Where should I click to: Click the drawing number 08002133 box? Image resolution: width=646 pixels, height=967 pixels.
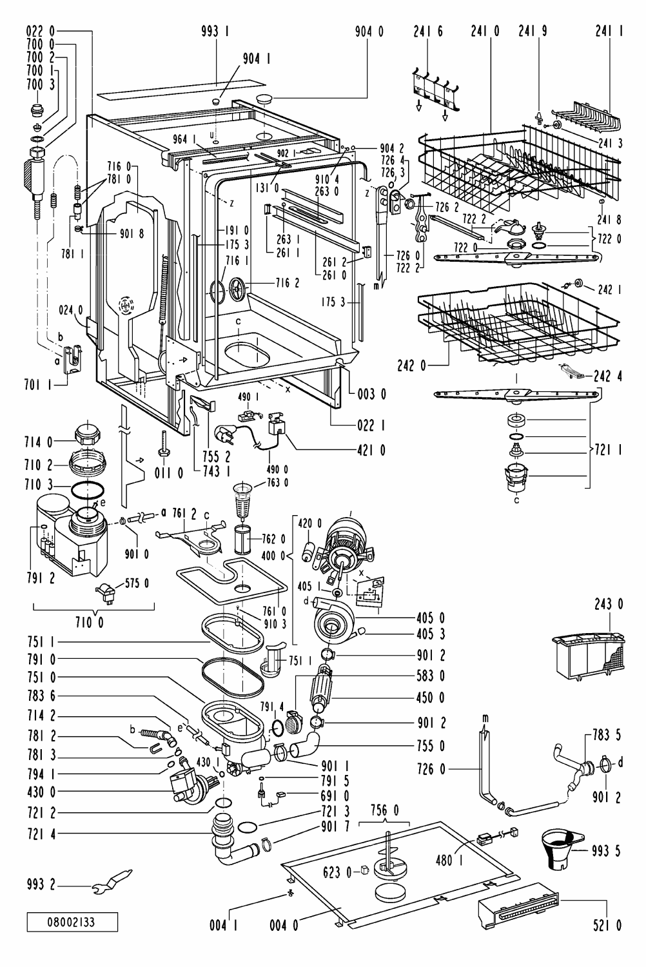point(72,922)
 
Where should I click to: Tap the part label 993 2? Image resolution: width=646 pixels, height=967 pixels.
point(41,884)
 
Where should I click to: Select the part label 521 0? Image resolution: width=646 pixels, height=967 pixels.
point(607,925)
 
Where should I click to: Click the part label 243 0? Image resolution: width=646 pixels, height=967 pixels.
point(609,604)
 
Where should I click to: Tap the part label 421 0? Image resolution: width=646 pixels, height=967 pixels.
point(371,450)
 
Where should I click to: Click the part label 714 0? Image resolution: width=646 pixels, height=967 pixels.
point(39,442)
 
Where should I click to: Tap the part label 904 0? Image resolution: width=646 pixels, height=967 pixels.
point(369,32)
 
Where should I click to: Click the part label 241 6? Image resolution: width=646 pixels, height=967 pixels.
point(428,32)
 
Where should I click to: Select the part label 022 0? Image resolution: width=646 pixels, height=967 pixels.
point(41,32)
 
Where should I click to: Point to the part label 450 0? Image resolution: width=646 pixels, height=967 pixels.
point(431,698)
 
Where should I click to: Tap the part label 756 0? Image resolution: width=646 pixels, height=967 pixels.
point(384,810)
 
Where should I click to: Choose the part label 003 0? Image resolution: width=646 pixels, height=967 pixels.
point(372,394)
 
